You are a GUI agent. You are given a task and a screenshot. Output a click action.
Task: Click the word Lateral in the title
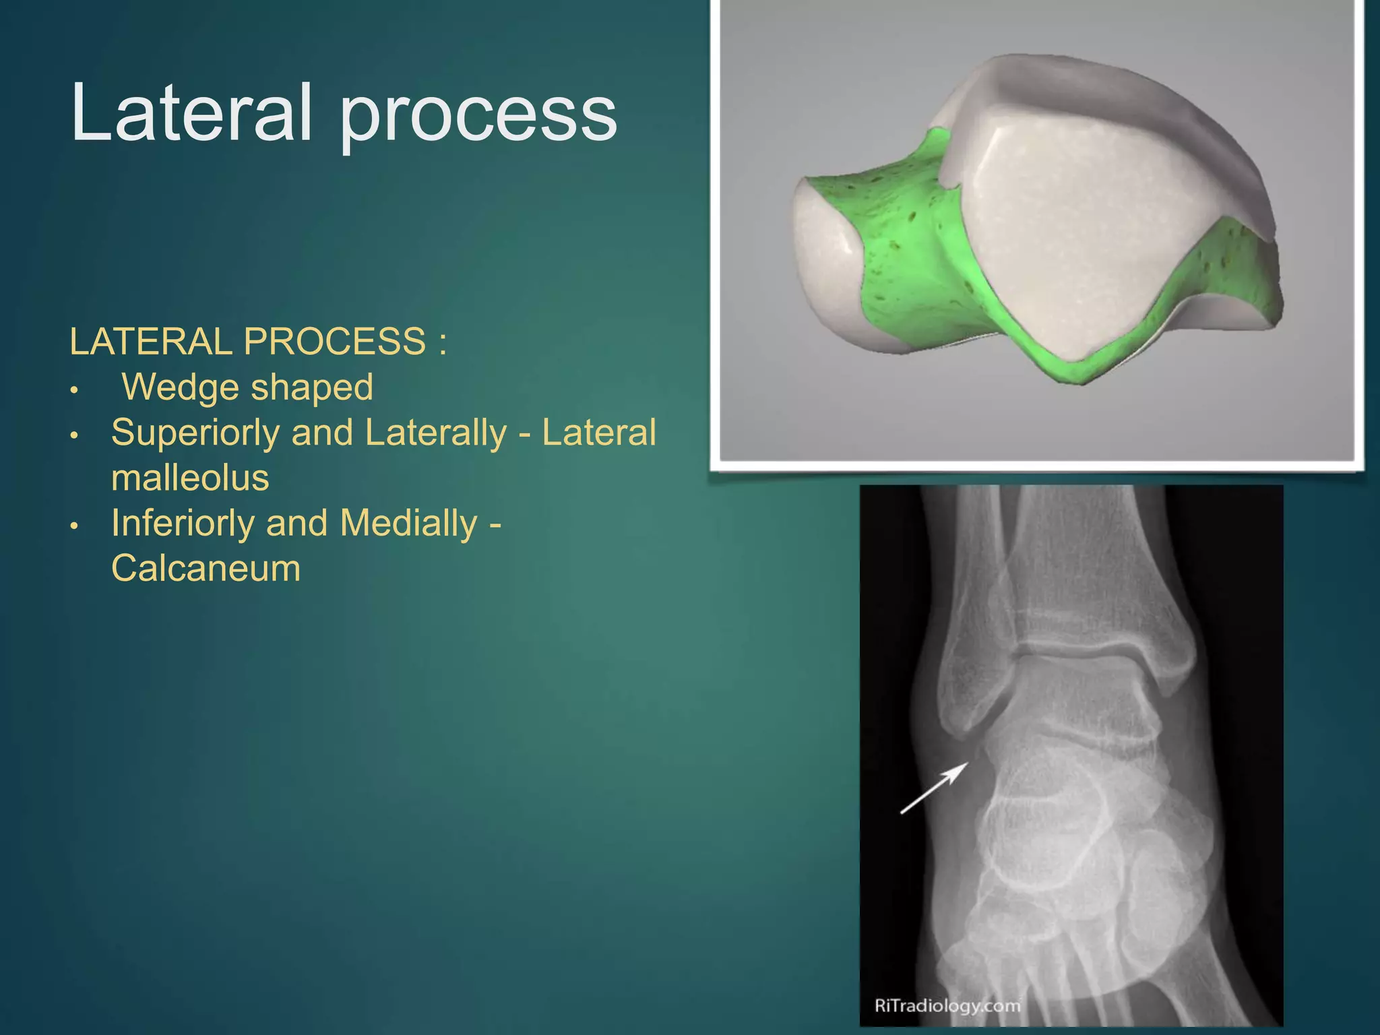(x=191, y=113)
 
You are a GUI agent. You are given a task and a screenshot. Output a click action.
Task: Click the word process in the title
(x=477, y=115)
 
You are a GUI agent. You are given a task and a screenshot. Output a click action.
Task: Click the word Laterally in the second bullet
(x=435, y=433)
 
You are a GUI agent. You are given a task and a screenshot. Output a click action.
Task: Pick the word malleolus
(x=190, y=478)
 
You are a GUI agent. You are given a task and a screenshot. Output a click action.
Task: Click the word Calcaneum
(x=206, y=568)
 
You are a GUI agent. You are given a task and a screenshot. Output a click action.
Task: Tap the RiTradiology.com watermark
(x=947, y=1006)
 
